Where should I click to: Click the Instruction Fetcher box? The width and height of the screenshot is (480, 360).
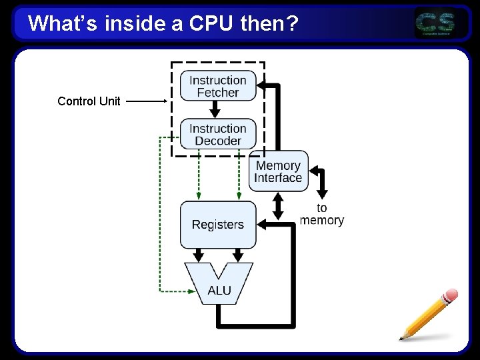tap(218, 86)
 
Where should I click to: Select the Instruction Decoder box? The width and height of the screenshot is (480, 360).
tap(218, 134)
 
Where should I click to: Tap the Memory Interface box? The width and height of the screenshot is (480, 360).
tap(278, 171)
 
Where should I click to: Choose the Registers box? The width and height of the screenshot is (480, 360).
tap(218, 225)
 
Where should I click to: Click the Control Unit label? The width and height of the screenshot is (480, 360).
tap(89, 101)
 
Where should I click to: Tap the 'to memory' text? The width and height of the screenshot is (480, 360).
tap(322, 214)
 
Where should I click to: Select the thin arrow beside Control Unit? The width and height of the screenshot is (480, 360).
tap(147, 101)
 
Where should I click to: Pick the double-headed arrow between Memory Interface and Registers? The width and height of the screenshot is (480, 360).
tap(279, 207)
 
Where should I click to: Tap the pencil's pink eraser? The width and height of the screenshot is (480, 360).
tap(450, 296)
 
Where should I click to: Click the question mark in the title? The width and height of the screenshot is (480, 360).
tap(291, 24)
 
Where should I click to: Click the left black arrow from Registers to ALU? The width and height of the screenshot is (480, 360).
tap(199, 255)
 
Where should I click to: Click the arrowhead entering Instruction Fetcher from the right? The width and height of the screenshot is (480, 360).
tap(263, 86)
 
